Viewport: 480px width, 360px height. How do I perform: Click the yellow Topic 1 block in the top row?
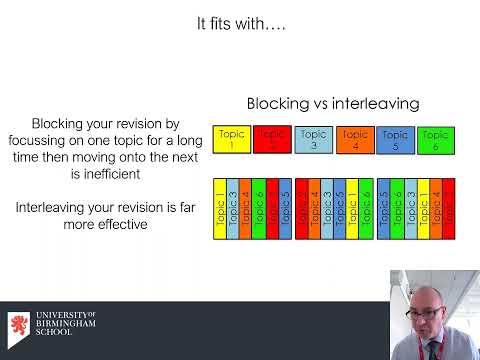(x=231, y=140)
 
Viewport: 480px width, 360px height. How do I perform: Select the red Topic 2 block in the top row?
(x=271, y=140)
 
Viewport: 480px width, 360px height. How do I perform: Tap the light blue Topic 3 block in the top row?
(x=313, y=140)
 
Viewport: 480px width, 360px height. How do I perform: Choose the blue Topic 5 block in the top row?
(x=395, y=140)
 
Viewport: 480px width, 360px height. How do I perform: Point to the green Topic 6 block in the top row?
(x=435, y=140)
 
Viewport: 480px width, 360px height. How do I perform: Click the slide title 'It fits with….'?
(x=240, y=25)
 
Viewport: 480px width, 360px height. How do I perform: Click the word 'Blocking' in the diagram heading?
(x=279, y=104)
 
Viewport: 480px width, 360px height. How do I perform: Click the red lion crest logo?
(x=18, y=330)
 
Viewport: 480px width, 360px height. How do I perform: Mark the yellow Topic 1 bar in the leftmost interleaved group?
(x=221, y=211)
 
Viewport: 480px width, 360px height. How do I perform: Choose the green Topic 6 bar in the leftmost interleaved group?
(x=259, y=211)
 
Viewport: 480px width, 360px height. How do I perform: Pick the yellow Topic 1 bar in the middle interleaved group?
(x=352, y=211)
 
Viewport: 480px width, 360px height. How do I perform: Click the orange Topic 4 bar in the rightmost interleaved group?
(x=434, y=211)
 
